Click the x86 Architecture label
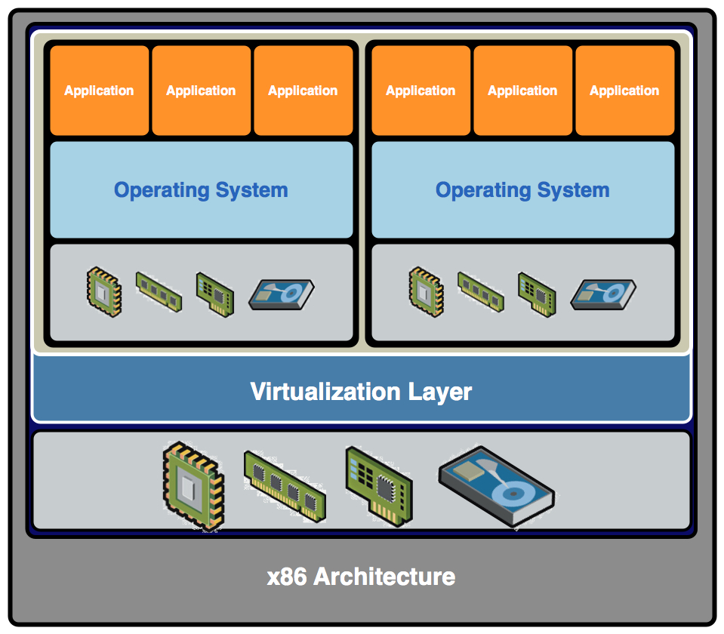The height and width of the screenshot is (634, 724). click(x=361, y=577)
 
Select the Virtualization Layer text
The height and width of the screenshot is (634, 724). click(x=361, y=392)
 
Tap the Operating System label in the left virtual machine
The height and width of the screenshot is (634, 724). click(x=201, y=190)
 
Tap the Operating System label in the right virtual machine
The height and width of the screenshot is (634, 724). click(x=522, y=190)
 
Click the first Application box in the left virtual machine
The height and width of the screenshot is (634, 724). click(x=99, y=91)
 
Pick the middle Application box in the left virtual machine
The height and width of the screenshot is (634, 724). click(x=201, y=91)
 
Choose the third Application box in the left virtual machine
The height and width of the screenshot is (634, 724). click(x=303, y=91)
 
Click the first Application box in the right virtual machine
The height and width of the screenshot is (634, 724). click(x=421, y=91)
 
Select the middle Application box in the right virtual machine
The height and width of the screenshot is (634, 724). click(x=522, y=91)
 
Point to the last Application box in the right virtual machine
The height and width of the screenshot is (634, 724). click(x=624, y=91)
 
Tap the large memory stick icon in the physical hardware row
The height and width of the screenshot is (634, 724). click(x=285, y=486)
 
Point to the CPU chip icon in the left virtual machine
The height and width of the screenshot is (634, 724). click(x=103, y=291)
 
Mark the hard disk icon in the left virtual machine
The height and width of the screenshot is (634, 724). click(x=281, y=294)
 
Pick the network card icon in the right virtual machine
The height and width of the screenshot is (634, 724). click(x=536, y=294)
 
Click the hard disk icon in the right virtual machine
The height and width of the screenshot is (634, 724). click(x=602, y=294)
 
